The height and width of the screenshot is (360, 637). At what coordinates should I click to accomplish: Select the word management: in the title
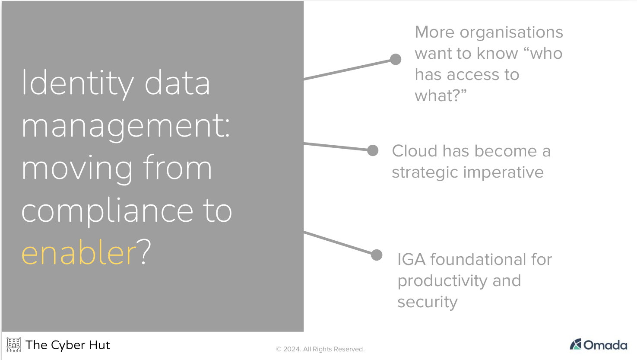(x=126, y=126)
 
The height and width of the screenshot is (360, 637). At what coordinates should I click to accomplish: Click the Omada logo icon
(x=576, y=344)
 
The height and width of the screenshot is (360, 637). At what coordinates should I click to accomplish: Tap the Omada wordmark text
(x=605, y=345)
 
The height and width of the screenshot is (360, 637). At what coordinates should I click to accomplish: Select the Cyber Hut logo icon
(x=14, y=344)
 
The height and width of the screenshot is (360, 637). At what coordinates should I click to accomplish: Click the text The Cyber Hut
(x=68, y=345)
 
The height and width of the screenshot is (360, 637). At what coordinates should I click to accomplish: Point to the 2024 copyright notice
(x=320, y=349)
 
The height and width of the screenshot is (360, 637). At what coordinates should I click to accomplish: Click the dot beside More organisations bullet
(x=396, y=59)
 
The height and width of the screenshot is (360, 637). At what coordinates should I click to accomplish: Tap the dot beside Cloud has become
(x=373, y=150)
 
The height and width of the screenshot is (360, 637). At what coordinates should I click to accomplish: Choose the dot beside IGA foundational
(x=377, y=255)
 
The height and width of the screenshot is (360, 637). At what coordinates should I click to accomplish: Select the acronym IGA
(x=411, y=260)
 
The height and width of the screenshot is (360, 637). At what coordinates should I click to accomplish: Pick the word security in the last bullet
(x=427, y=302)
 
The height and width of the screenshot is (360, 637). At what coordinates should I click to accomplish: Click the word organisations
(x=511, y=33)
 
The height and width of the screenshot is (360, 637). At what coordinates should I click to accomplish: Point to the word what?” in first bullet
(x=441, y=96)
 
